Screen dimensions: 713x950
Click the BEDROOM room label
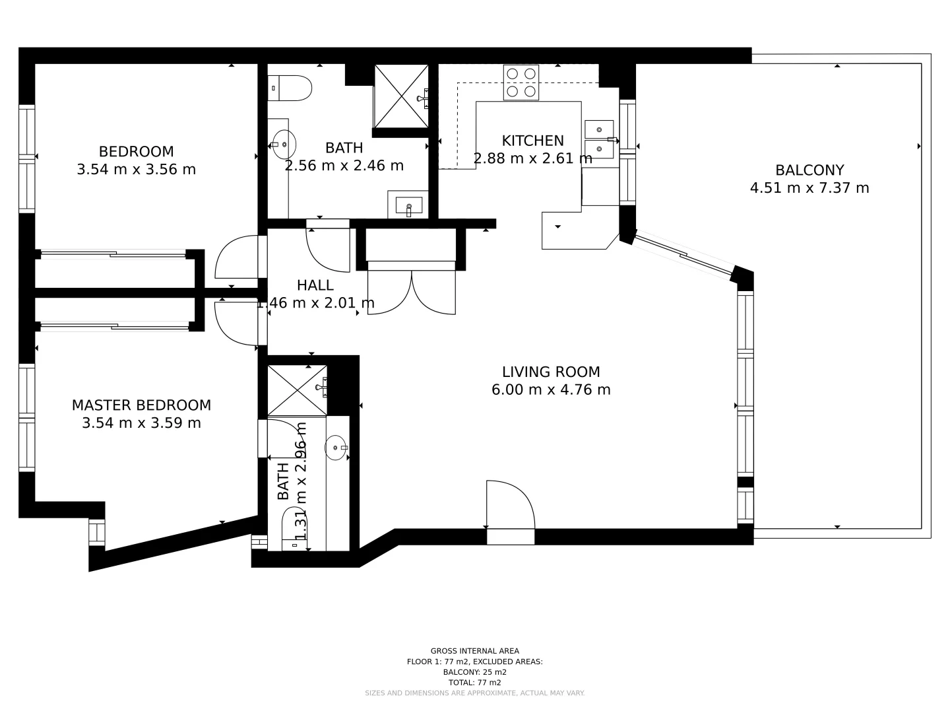(x=136, y=151)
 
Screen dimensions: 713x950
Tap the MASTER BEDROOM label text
(x=141, y=405)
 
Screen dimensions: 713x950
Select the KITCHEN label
(x=532, y=141)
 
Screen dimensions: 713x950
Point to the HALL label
(x=315, y=285)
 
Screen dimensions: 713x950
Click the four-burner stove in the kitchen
(x=521, y=83)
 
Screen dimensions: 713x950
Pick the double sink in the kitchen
(x=599, y=140)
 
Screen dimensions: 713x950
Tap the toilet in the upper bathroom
(x=290, y=88)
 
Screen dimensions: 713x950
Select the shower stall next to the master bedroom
(x=297, y=390)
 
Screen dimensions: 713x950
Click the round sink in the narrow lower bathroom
(x=336, y=448)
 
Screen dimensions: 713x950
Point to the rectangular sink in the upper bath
(x=408, y=206)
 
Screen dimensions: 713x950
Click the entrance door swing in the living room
(x=510, y=505)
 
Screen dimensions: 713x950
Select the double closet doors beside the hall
(x=411, y=292)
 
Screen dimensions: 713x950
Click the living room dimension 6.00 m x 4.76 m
(x=551, y=390)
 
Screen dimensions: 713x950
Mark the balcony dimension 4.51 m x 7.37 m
(x=809, y=188)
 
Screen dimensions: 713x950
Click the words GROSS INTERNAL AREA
(x=474, y=651)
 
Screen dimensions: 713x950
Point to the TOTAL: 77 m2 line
(x=474, y=683)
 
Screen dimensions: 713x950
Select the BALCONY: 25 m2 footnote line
(x=474, y=672)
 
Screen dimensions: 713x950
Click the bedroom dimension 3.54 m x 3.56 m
(x=136, y=169)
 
